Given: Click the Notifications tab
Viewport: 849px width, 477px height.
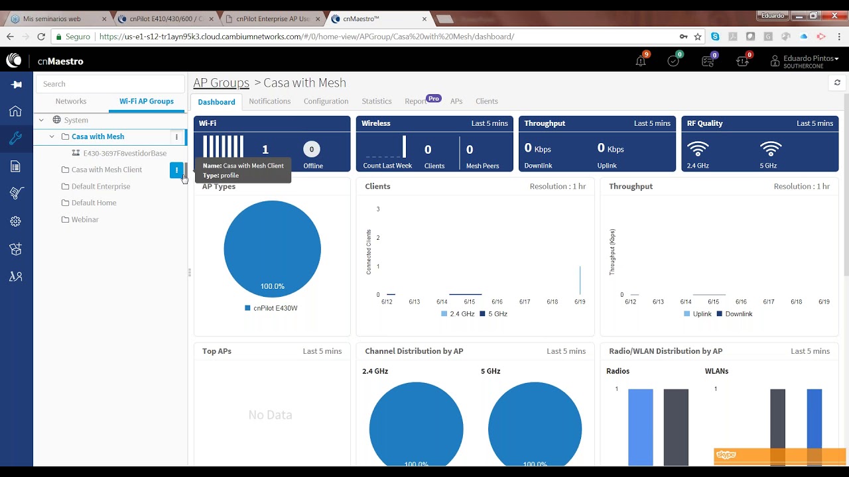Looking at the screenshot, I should coord(269,101).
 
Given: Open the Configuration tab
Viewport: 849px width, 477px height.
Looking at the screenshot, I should coord(326,101).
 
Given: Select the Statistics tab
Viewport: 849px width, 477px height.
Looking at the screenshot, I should coord(376,101).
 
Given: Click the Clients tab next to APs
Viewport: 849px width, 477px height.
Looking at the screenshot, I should coord(486,101).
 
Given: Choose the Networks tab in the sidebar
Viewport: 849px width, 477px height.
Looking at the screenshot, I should coord(71,101).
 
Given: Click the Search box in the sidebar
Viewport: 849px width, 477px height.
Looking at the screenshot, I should coord(109,84).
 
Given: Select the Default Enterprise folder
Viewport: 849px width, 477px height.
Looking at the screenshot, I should coord(100,186).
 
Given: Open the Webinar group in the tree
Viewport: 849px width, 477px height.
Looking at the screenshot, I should coord(84,219).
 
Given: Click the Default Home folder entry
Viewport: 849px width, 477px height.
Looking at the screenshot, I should coord(94,203).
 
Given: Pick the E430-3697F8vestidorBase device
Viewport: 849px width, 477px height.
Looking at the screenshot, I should coord(125,153).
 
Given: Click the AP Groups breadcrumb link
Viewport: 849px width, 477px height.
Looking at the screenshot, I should coord(221,83).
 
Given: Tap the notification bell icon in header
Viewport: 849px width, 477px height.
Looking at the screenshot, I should coord(640,61).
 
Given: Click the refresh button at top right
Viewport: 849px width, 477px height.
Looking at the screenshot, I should coord(837,83).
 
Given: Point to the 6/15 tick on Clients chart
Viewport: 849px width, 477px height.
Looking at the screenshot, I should coord(469,301).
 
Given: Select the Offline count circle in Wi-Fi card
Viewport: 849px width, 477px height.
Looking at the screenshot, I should coord(312,149).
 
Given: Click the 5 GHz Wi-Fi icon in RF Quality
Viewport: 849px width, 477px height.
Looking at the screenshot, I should coord(770,149).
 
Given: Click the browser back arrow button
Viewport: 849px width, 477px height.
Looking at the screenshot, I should coord(10,36).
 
